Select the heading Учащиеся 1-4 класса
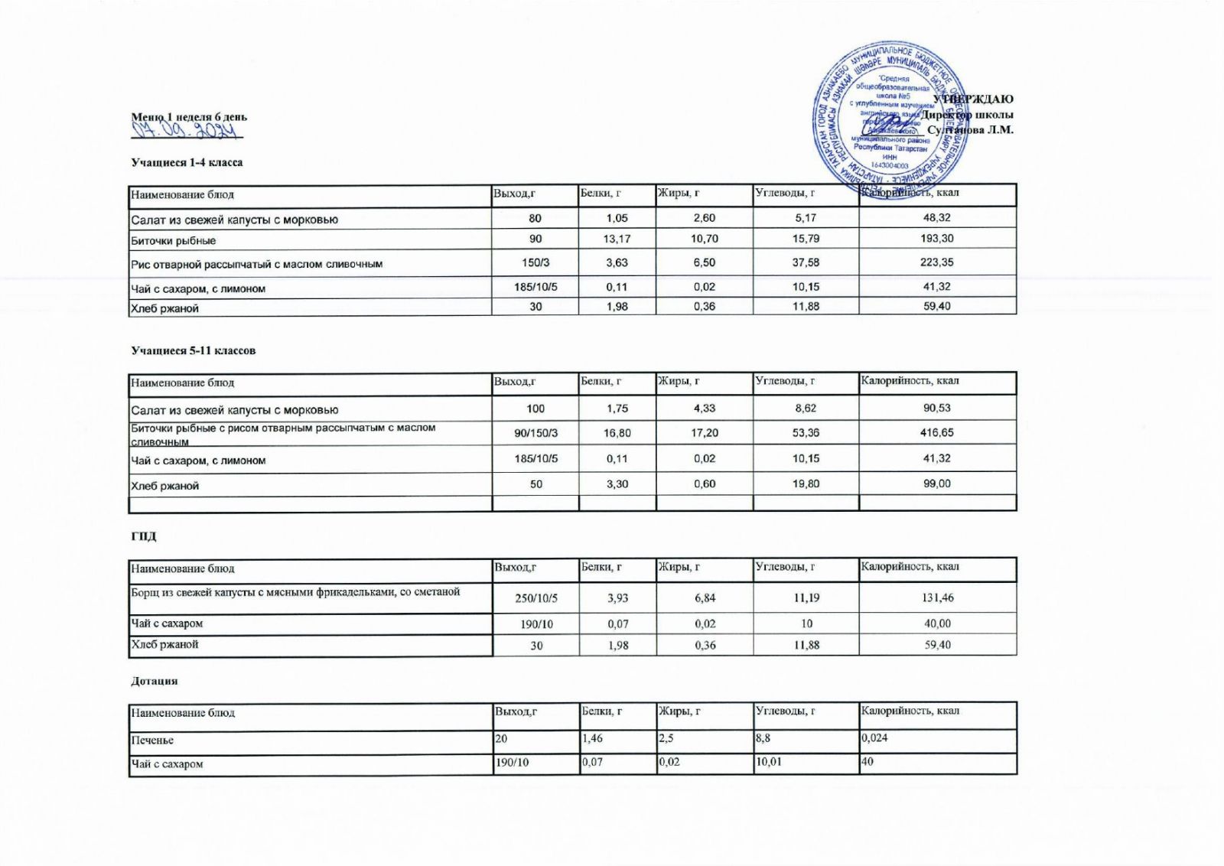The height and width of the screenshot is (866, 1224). pyautogui.click(x=187, y=162)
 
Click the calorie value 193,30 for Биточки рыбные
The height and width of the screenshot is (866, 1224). pyautogui.click(x=936, y=239)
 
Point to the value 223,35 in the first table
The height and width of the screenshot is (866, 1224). pyautogui.click(x=936, y=262)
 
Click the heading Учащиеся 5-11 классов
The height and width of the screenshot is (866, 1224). pyautogui.click(x=193, y=350)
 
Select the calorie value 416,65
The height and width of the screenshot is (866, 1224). pyautogui.click(x=936, y=433)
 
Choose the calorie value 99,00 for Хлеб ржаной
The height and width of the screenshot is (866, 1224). pyautogui.click(x=936, y=483)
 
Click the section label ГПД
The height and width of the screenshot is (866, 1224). pyautogui.click(x=143, y=536)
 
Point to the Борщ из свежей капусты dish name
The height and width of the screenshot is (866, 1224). pyautogui.click(x=295, y=591)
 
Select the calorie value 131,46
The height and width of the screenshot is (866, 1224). pyautogui.click(x=938, y=597)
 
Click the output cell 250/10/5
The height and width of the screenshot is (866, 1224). pyautogui.click(x=535, y=598)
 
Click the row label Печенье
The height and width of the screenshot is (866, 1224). pyautogui.click(x=152, y=741)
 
